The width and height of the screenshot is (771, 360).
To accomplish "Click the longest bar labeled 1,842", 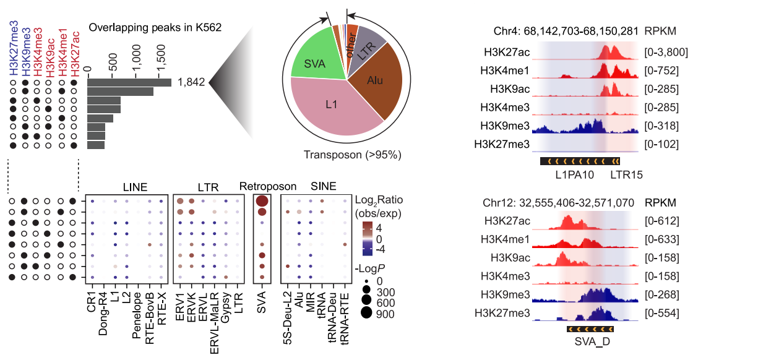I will click(129, 83).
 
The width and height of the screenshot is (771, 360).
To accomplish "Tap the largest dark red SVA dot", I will click(262, 201).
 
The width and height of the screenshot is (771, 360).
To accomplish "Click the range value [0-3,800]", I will click(666, 52).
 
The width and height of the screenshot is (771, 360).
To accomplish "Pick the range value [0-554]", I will click(661, 313).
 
